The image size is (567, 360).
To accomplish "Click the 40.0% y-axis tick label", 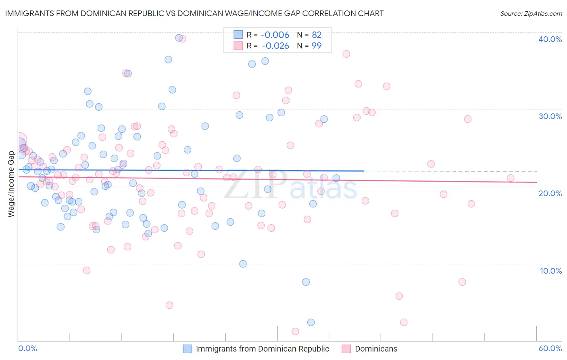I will click(x=550, y=39).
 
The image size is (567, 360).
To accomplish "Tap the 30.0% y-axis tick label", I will click(x=550, y=116).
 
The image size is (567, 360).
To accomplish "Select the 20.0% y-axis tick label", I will click(x=550, y=193).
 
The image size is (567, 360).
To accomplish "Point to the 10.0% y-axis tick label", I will click(x=551, y=271).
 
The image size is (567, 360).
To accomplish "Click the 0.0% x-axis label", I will click(x=27, y=349).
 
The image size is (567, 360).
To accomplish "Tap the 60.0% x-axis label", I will click(x=550, y=349).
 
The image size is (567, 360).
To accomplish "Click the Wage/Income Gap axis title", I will click(x=11, y=184).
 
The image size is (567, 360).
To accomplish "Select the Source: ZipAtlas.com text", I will click(x=531, y=14).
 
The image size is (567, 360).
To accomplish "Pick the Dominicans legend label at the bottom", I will click(x=376, y=349).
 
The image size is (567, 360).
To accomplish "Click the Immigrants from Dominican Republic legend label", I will click(x=262, y=349).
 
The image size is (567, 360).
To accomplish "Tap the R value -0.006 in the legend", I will click(x=275, y=35).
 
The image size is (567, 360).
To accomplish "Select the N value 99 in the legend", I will click(x=317, y=46).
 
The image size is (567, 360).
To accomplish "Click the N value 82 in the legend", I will click(x=317, y=35).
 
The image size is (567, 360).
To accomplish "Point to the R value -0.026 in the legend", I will click(x=275, y=46).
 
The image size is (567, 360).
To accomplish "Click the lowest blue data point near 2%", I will click(x=311, y=322).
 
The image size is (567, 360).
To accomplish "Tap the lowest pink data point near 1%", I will click(x=295, y=331).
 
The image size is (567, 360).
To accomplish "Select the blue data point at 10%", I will click(x=243, y=264).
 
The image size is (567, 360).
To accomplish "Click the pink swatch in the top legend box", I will click(x=238, y=46).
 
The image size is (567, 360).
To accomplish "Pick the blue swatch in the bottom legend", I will click(x=188, y=349).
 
